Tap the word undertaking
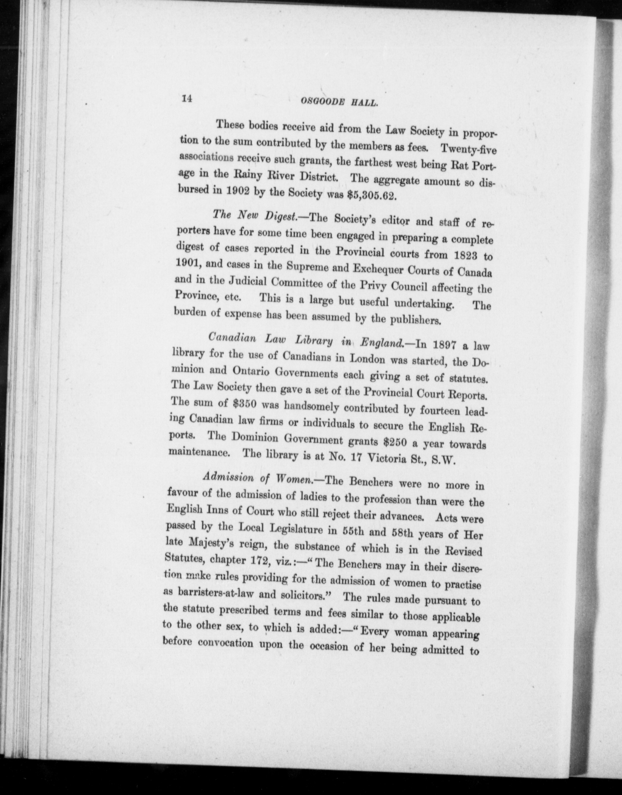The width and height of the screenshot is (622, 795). [424, 303]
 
